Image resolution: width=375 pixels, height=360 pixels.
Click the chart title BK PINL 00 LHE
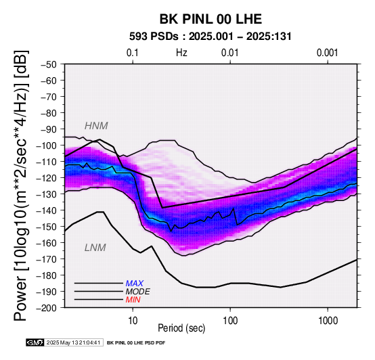(x=211, y=19)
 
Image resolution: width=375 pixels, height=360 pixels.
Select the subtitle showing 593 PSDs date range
(x=211, y=37)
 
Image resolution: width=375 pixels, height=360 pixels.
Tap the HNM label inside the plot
(x=96, y=126)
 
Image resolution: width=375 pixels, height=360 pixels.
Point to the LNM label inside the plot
(x=95, y=248)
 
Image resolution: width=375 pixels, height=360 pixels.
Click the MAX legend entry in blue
(x=135, y=284)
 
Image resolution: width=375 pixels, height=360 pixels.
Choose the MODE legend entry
(x=138, y=292)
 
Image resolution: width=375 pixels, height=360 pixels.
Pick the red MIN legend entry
(x=133, y=300)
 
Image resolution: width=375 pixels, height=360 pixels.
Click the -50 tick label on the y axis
(x=48, y=64)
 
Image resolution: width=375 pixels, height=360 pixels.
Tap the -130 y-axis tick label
(x=46, y=194)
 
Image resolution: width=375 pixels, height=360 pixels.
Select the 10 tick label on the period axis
(x=133, y=321)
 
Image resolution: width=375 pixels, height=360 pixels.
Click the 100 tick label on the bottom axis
(x=230, y=321)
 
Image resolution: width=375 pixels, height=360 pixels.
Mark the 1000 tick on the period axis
(x=328, y=321)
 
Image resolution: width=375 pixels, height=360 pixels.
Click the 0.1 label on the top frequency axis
(x=133, y=53)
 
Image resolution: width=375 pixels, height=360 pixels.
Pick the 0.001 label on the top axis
(x=328, y=53)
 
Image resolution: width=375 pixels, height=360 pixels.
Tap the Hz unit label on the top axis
(x=181, y=53)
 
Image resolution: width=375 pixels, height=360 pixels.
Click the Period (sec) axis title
(x=181, y=328)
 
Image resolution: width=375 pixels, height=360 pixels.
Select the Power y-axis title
(x=21, y=185)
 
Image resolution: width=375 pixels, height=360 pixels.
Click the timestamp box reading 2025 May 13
(x=74, y=342)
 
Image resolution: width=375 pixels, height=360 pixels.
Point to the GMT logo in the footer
(x=35, y=342)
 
